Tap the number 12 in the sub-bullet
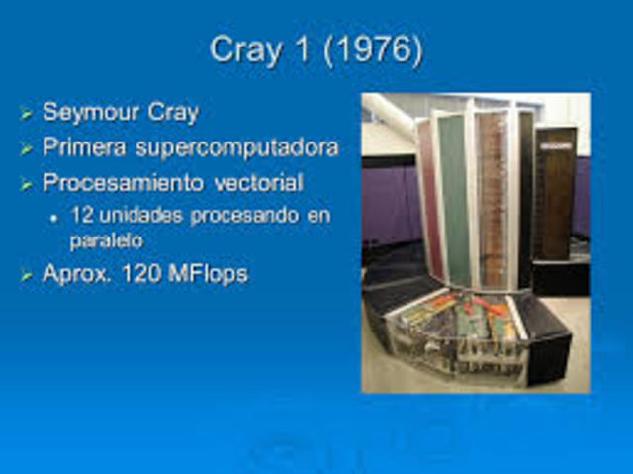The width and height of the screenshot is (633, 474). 81,215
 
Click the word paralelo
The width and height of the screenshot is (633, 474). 106,239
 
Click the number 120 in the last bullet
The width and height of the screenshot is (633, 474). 143,275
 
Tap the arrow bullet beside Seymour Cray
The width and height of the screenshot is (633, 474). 27,114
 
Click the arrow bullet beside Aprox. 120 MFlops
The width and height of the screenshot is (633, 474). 27,276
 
